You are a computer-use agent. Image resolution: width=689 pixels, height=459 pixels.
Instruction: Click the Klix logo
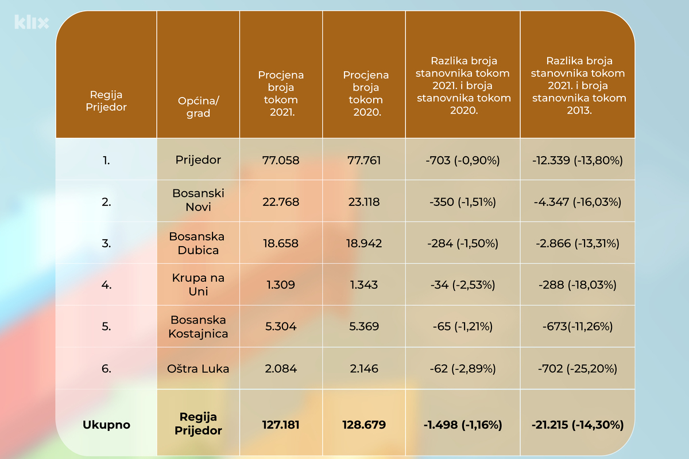click(x=31, y=22)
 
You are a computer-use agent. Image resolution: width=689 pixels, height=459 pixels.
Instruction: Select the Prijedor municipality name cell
click(x=198, y=160)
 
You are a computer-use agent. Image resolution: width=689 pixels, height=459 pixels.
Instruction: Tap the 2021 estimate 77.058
click(x=281, y=160)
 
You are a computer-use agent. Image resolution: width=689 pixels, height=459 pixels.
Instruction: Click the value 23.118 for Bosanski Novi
click(x=363, y=202)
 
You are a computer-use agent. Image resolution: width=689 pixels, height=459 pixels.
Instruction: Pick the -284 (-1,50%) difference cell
click(x=463, y=243)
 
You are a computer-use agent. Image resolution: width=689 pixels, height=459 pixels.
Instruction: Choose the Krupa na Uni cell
click(x=198, y=285)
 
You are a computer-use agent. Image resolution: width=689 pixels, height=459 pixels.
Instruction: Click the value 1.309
click(x=281, y=285)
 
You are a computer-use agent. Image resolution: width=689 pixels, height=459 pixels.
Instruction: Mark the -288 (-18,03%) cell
click(x=578, y=285)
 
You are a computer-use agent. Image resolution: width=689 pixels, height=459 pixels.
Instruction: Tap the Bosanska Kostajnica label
click(x=198, y=326)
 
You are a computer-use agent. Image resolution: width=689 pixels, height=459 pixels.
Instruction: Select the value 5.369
click(x=363, y=326)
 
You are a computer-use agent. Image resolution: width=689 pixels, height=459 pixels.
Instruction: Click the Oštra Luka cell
click(x=198, y=368)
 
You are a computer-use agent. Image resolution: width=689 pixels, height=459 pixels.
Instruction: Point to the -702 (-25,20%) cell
click(x=578, y=368)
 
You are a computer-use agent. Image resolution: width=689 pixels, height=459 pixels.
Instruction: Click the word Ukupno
click(x=106, y=425)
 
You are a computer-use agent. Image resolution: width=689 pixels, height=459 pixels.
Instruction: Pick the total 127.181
click(x=281, y=425)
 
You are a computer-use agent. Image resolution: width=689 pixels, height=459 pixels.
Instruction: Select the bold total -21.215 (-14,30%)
click(x=578, y=425)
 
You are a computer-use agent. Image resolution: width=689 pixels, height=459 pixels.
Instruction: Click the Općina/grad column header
click(x=198, y=107)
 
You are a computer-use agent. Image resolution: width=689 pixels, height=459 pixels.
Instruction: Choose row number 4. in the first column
click(x=106, y=285)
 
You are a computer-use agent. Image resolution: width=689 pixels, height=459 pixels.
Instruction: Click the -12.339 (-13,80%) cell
click(x=578, y=160)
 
